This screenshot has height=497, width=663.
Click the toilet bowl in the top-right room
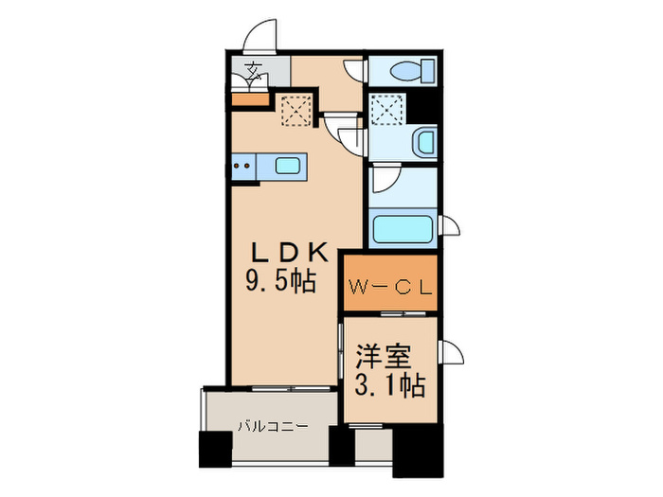(403, 71)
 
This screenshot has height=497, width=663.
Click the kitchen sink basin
(288, 167)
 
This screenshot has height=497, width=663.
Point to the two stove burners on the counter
(242, 168)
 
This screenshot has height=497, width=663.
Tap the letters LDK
(288, 253)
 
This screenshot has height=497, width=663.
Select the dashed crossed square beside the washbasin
(388, 111)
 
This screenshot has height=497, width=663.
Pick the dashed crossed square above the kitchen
(298, 111)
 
